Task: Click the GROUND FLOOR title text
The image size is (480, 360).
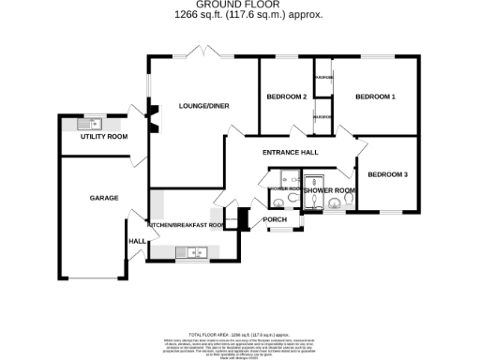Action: pyautogui.click(x=239, y=5)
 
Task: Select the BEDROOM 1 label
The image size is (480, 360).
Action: pyautogui.click(x=375, y=97)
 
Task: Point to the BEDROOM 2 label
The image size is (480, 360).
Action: pyautogui.click(x=286, y=97)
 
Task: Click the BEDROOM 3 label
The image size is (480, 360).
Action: pyautogui.click(x=387, y=174)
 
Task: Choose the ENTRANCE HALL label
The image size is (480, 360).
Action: pyautogui.click(x=291, y=152)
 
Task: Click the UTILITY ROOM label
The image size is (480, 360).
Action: pyautogui.click(x=103, y=137)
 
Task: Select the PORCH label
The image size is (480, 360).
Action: pyautogui.click(x=274, y=219)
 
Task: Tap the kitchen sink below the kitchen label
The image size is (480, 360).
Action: pyautogui.click(x=196, y=251)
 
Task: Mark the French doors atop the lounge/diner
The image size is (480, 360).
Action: pyautogui.click(x=203, y=52)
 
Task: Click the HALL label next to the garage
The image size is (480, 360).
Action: pyautogui.click(x=136, y=241)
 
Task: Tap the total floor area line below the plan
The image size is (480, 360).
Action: pyautogui.click(x=239, y=334)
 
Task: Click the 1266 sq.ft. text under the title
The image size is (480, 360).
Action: pyautogui.click(x=239, y=14)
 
